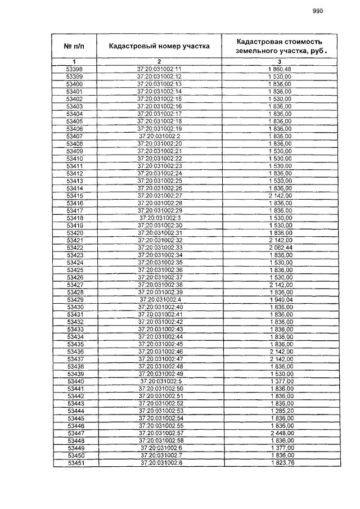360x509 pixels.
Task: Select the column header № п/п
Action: click(x=74, y=46)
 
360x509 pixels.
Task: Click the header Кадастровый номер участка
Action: click(x=159, y=46)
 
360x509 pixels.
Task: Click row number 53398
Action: click(x=74, y=69)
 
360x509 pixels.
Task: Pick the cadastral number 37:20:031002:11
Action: click(x=159, y=69)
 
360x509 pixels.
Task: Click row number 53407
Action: click(x=74, y=136)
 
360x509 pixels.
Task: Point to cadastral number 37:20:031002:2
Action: click(x=159, y=136)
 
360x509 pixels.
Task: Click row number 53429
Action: click(x=74, y=300)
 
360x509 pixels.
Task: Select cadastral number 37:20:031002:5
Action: click(x=159, y=381)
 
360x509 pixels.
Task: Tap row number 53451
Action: click(x=74, y=463)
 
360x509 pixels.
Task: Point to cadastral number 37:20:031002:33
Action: click(x=159, y=247)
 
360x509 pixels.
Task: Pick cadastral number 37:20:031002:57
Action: click(x=159, y=434)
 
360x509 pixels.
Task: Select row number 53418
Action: click(x=74, y=218)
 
